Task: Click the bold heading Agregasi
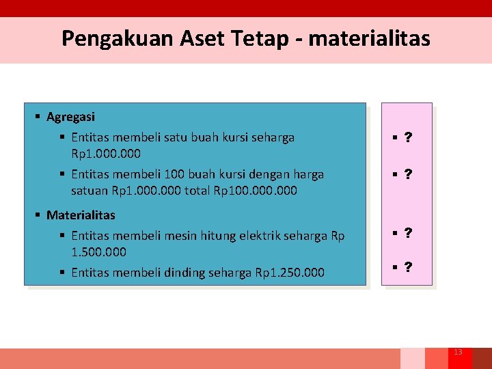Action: pyautogui.click(x=70, y=117)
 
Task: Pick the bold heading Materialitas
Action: pyautogui.click(x=81, y=215)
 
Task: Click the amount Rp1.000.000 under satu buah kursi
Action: pyautogui.click(x=106, y=154)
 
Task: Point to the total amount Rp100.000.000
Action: pyautogui.click(x=256, y=191)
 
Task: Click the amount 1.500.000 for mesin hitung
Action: pyautogui.click(x=98, y=252)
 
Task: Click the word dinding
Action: pyautogui.click(x=184, y=273)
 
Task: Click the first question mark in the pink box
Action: pyautogui.click(x=408, y=138)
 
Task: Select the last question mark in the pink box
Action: pyautogui.click(x=408, y=267)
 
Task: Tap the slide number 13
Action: pyautogui.click(x=458, y=352)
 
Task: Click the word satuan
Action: pyautogui.click(x=90, y=191)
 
